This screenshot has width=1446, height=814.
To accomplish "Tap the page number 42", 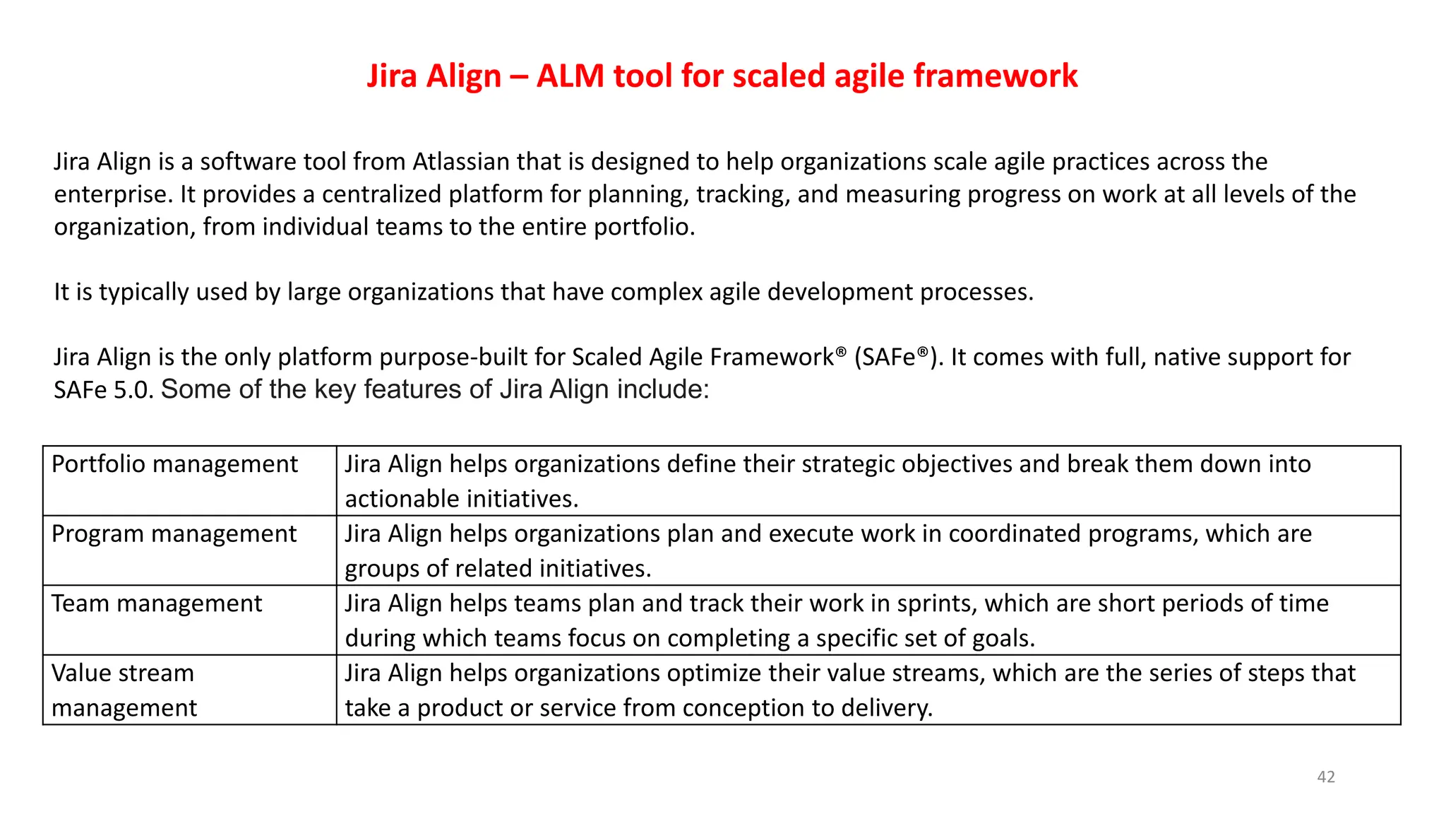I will [x=1326, y=777].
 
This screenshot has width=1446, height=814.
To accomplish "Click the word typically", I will [x=143, y=292].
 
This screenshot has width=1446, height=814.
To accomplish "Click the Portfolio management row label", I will [x=174, y=464].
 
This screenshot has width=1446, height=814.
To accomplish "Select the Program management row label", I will [x=174, y=533].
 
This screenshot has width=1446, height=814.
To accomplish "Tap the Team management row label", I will [x=156, y=603].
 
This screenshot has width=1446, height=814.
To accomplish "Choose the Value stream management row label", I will [x=124, y=690].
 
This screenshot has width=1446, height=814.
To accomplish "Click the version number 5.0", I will [x=133, y=389].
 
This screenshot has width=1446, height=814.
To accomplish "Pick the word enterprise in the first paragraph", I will [x=112, y=194].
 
